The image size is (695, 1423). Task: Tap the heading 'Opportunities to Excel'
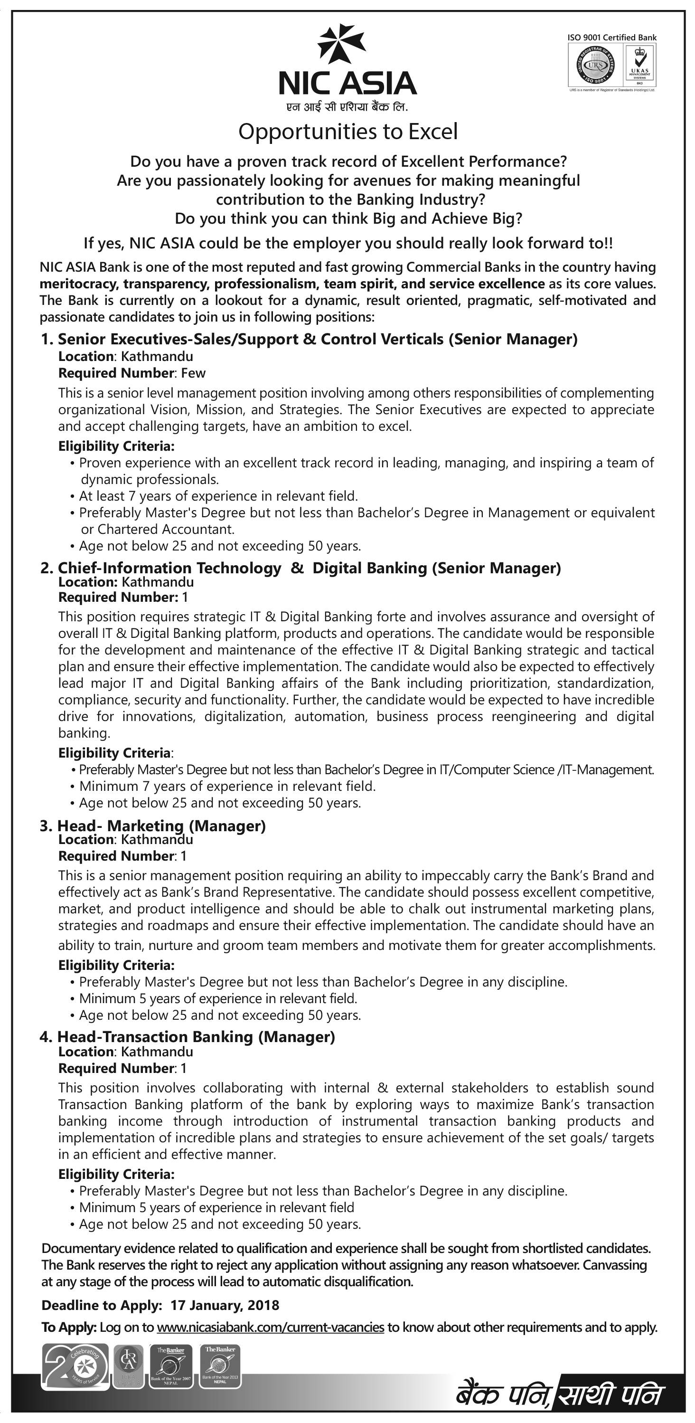coord(348,132)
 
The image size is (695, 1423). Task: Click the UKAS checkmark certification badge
coord(639,64)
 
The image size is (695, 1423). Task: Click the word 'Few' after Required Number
coord(193,373)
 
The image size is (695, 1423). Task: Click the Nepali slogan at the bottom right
coord(557,1395)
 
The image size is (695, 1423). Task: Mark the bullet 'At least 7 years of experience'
coord(218,496)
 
